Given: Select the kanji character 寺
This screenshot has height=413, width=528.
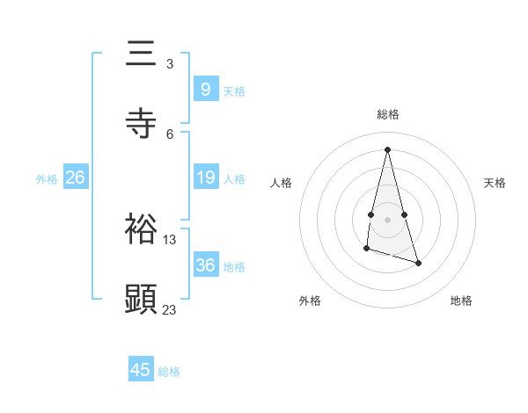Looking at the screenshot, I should [141, 124].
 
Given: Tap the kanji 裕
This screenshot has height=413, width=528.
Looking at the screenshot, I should [141, 230].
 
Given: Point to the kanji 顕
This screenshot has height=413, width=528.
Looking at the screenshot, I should [141, 300].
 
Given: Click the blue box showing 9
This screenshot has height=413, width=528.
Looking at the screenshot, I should [205, 89].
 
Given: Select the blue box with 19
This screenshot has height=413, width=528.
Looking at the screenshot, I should [205, 178].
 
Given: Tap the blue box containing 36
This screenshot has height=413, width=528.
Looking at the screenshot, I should [205, 265].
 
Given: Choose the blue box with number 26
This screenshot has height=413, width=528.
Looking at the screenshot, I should [75, 178].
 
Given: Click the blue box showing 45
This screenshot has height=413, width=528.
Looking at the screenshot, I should [140, 370].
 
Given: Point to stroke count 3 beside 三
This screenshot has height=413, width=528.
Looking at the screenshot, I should [170, 64].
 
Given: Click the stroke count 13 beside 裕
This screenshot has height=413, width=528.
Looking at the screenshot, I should [170, 239].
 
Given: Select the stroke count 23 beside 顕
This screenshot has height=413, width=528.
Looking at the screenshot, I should [170, 309].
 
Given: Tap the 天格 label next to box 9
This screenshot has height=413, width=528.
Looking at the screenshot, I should [234, 91].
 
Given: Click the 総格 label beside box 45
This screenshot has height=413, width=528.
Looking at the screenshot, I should [169, 372].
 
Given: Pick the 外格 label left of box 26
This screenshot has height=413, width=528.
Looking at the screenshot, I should [47, 179].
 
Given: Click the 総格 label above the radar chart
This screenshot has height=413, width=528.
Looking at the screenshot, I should [388, 114].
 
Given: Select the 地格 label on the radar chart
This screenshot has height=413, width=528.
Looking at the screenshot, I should [461, 301].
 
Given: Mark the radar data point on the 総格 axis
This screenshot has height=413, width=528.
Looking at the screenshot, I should [387, 149].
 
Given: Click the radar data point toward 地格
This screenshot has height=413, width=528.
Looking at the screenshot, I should [418, 263].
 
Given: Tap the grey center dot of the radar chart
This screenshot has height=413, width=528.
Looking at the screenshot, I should [387, 219].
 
